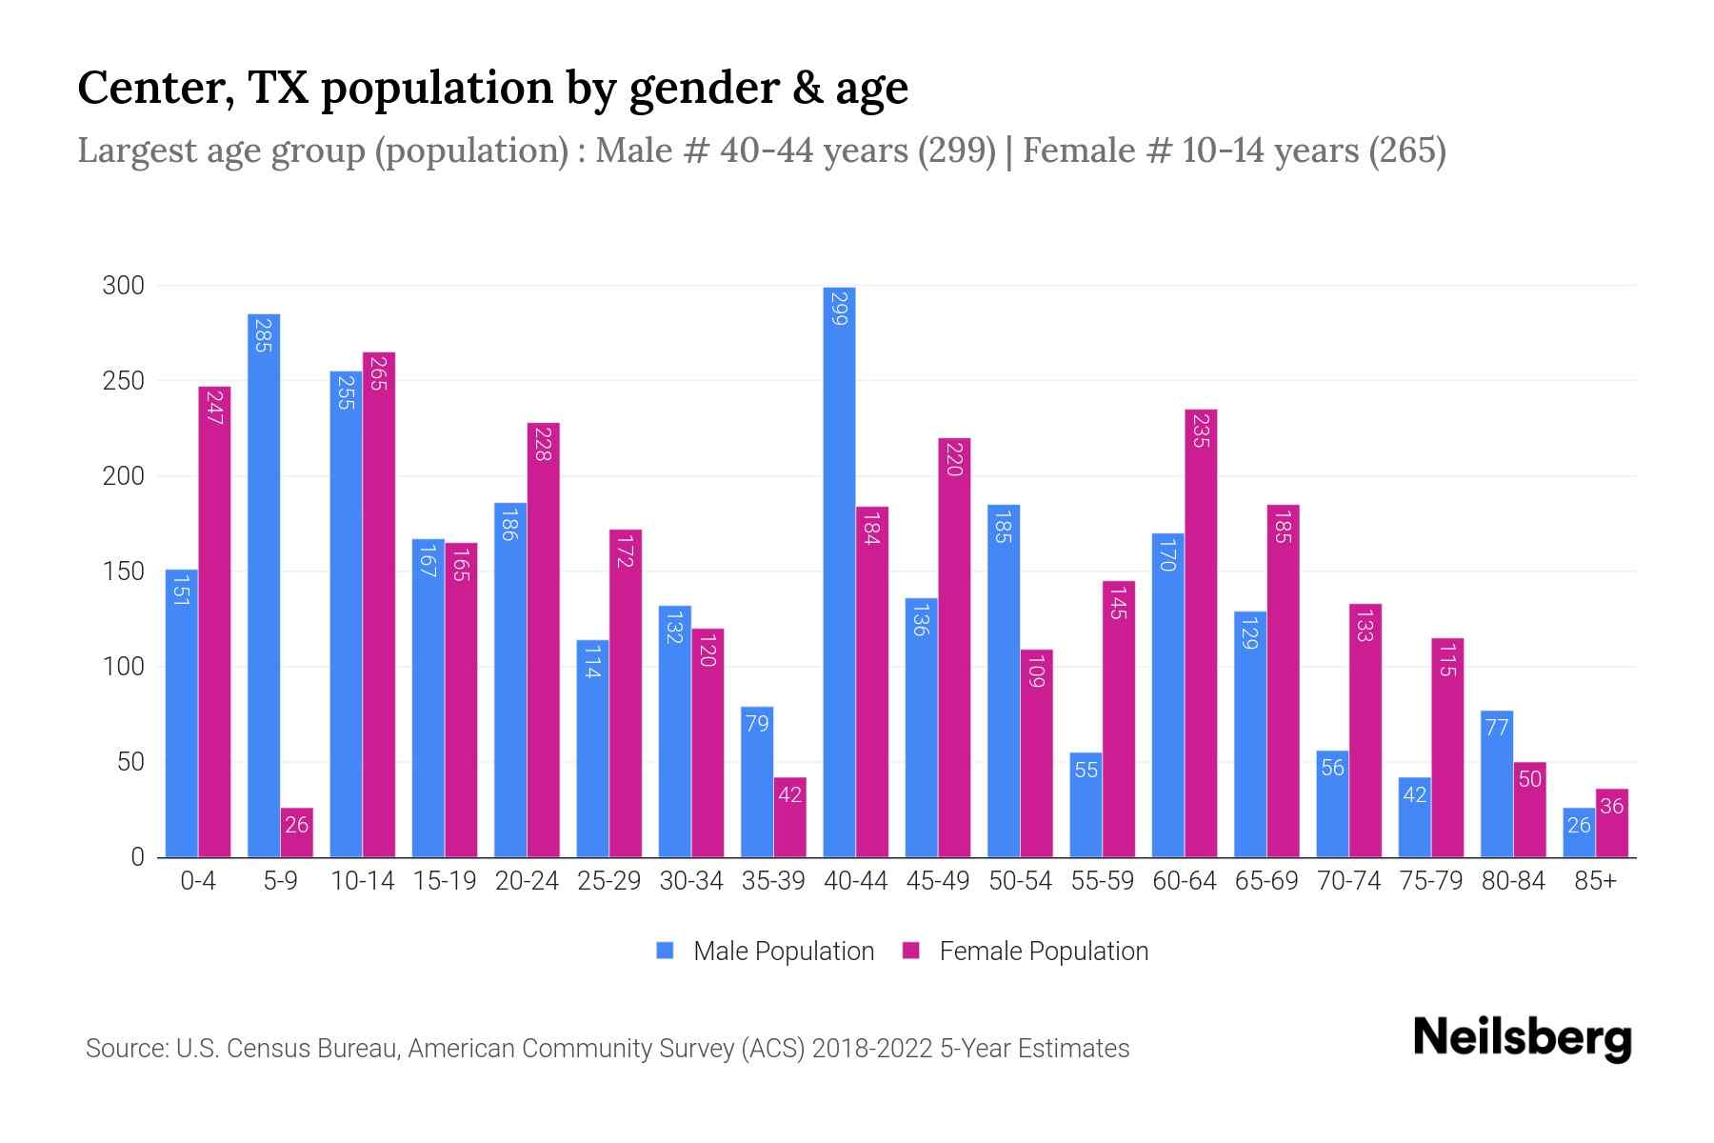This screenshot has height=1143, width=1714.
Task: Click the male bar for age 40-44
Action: click(x=839, y=571)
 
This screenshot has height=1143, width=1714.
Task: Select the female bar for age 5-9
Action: click(x=297, y=833)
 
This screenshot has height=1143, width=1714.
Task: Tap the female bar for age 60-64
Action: click(x=1201, y=633)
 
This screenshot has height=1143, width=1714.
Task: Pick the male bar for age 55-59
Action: click(x=1086, y=805)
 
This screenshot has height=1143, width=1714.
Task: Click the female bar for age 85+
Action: click(x=1612, y=824)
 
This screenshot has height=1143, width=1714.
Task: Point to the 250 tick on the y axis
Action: click(x=123, y=381)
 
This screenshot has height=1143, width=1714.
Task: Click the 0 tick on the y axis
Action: click(x=137, y=857)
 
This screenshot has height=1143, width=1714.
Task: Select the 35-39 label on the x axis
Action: click(x=773, y=881)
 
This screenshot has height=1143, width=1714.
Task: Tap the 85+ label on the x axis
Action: click(x=1595, y=881)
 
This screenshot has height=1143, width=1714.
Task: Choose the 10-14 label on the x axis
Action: click(x=362, y=881)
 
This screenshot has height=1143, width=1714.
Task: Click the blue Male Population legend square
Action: click(x=666, y=951)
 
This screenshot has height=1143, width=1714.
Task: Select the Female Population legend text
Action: click(x=1044, y=951)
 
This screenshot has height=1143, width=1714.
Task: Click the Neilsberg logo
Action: click(x=1522, y=1038)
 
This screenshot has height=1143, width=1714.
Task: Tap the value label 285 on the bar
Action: click(x=264, y=335)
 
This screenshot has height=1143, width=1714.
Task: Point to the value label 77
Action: click(x=1497, y=728)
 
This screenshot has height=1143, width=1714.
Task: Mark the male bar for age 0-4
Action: click(x=181, y=714)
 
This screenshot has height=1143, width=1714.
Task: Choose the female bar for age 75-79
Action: click(x=1447, y=748)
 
